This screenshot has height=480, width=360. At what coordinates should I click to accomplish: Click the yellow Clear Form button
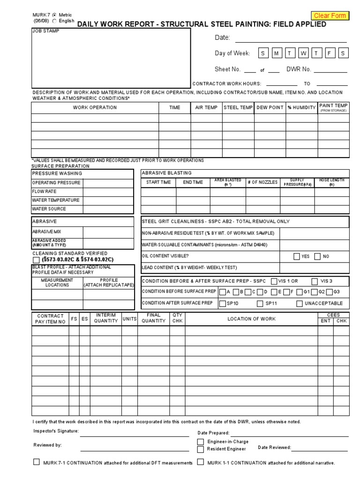click(330, 15)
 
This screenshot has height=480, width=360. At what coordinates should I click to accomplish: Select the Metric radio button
click(54, 15)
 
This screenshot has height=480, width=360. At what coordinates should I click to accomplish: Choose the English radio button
click(54, 21)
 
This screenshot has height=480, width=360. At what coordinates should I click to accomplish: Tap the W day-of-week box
click(303, 53)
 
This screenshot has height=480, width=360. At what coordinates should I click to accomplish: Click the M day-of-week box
click(277, 53)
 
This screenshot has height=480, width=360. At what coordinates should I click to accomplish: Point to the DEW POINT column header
click(270, 108)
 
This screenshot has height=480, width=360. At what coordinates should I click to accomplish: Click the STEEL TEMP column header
click(238, 108)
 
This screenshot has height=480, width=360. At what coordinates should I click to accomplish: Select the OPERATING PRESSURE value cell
click(109, 183)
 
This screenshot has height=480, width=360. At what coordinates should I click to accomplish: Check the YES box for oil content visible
click(297, 256)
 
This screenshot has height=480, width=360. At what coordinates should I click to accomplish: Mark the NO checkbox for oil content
click(318, 256)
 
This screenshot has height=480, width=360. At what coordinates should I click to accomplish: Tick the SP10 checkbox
click(223, 304)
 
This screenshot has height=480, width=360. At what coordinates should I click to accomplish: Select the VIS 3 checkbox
click(315, 281)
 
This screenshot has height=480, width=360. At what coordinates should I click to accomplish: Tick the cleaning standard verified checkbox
click(37, 260)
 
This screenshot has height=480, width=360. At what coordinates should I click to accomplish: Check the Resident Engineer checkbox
click(201, 449)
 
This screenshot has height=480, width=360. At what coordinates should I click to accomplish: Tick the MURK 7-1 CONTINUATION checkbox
click(37, 462)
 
